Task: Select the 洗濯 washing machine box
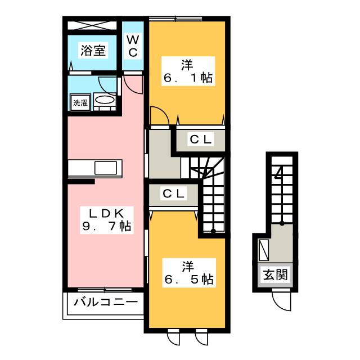tap(79, 103)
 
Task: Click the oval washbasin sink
tap(105, 100)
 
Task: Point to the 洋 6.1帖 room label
tap(188, 71)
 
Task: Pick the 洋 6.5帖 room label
tap(188, 272)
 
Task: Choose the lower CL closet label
tap(174, 194)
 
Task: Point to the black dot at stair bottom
tap(213, 231)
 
